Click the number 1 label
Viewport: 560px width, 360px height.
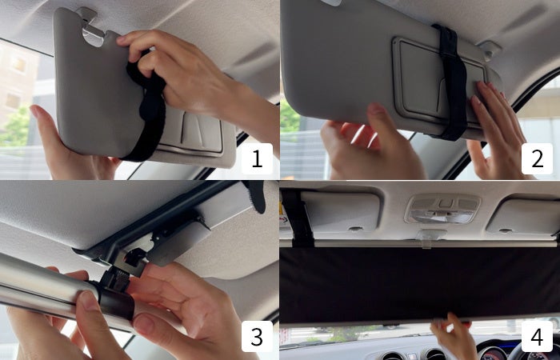257,158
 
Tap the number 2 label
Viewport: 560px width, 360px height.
537,158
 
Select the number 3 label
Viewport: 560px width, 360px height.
257,336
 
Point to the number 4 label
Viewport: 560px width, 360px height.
537,336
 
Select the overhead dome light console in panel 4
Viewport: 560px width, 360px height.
442,210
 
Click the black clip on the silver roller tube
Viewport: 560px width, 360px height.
116,293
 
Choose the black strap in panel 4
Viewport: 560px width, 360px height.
298,218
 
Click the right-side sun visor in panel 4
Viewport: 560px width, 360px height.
524,217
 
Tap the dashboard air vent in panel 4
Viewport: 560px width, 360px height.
392,355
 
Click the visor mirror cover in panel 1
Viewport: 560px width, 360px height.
194,132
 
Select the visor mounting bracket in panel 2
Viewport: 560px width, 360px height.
490,50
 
